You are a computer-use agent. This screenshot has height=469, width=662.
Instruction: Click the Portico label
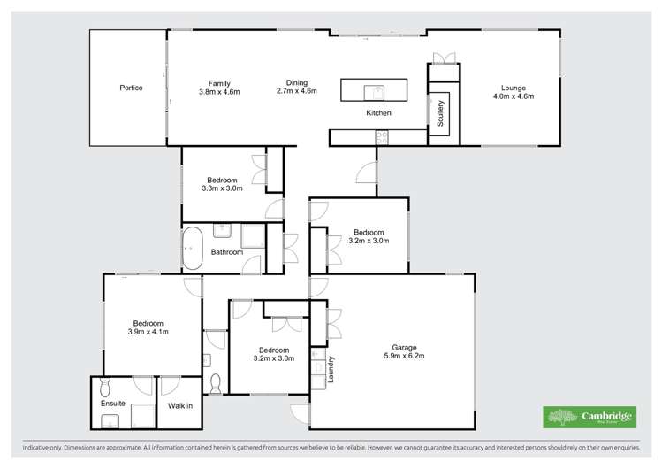pos(131,88)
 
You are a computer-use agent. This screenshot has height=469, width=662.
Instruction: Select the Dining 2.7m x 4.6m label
pos(296,87)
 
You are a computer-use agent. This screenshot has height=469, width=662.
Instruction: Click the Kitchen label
pos(378,113)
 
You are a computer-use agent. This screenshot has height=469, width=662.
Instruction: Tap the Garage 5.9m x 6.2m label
pos(404,351)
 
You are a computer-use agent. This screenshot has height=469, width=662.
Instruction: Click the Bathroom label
pos(226,252)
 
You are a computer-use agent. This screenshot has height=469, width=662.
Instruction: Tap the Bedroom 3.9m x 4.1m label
pos(148,327)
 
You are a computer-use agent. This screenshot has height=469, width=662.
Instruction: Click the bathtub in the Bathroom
pos(192,250)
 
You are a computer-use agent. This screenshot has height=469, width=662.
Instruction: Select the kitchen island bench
pos(374,90)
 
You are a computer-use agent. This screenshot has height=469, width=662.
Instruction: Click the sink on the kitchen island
pos(376,90)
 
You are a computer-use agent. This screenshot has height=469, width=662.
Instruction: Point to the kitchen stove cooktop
pos(382,137)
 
